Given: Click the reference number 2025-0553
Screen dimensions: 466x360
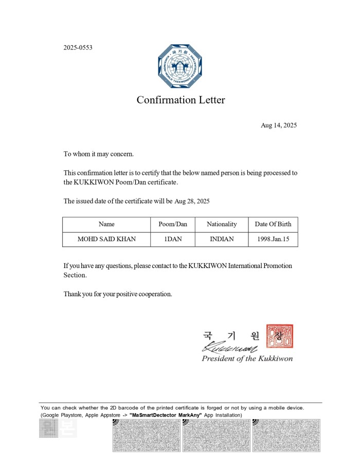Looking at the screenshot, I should click(78, 48).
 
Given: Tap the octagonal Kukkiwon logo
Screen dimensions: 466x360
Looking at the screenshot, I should click(180, 66).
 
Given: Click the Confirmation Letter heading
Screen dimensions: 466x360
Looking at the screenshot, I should click(181, 100).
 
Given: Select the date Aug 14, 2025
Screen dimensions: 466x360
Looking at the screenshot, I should click(279, 126).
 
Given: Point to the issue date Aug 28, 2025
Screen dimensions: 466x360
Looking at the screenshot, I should click(192, 201).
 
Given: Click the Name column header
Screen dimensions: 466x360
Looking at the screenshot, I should click(106, 224).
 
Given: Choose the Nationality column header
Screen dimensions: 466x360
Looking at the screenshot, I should click(222, 224).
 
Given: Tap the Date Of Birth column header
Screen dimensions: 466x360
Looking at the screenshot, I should click(273, 224).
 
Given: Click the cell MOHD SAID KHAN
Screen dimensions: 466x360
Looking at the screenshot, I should click(106, 239).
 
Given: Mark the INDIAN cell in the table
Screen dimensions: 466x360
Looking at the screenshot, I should click(222, 239).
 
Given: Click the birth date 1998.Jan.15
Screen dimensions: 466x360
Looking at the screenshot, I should click(273, 239).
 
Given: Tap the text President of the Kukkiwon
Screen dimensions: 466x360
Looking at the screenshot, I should click(247, 359).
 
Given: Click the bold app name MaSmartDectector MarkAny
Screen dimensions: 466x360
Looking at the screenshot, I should click(165, 415).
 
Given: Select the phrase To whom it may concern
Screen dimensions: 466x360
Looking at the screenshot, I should click(98, 154).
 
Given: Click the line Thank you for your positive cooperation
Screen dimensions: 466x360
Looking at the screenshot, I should click(117, 294).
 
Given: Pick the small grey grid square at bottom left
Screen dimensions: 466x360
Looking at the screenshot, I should click(48, 428).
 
